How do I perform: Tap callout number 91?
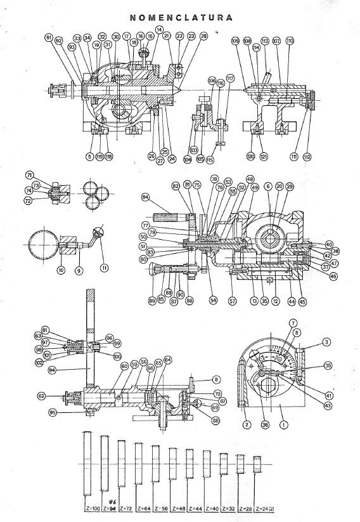click(48, 38)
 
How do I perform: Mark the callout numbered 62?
click(41, 396)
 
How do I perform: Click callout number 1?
click(285, 425)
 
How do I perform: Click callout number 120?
click(251, 156)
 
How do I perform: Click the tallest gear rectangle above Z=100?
click(92, 462)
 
